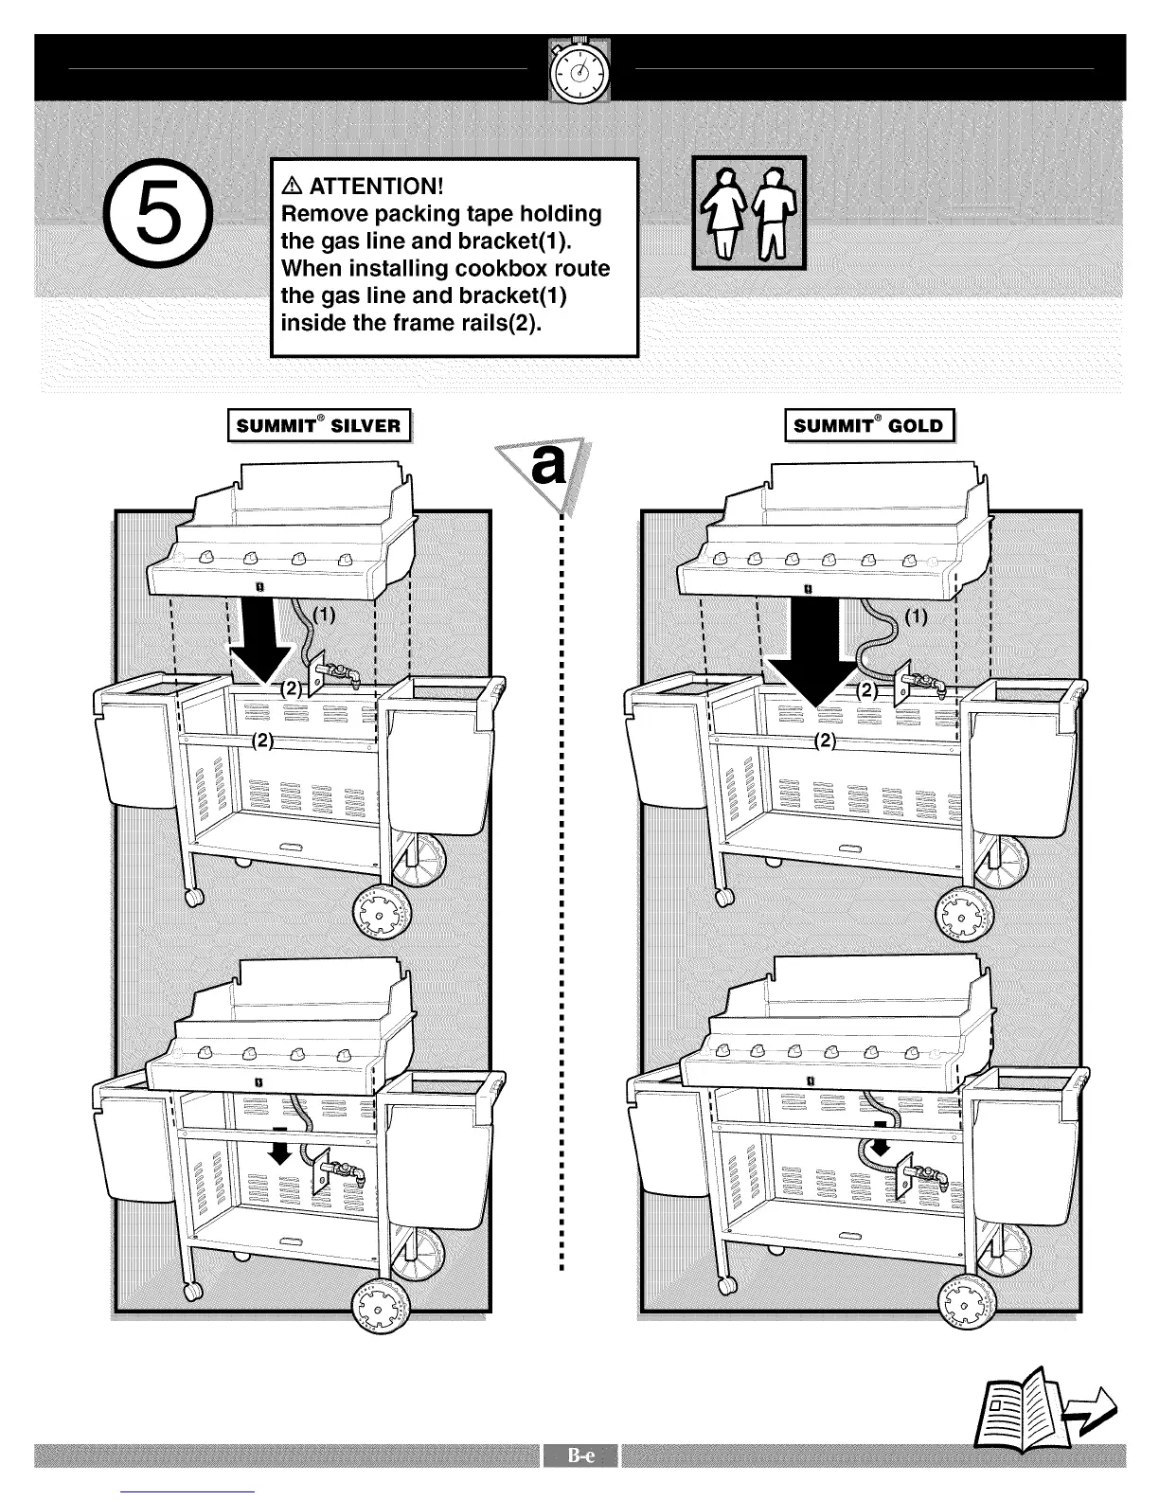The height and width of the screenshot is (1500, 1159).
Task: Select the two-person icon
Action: [x=749, y=213]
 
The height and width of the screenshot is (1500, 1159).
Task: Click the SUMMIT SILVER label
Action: [x=318, y=425]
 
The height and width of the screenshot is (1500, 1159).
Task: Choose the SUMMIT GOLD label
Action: [x=868, y=425]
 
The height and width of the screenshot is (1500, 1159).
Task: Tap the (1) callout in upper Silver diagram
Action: [x=324, y=616]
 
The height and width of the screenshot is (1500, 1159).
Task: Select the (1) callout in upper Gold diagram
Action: [x=916, y=618]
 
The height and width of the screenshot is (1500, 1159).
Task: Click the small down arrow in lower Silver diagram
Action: [x=278, y=1151]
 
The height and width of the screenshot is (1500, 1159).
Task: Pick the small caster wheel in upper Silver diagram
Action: [x=195, y=897]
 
